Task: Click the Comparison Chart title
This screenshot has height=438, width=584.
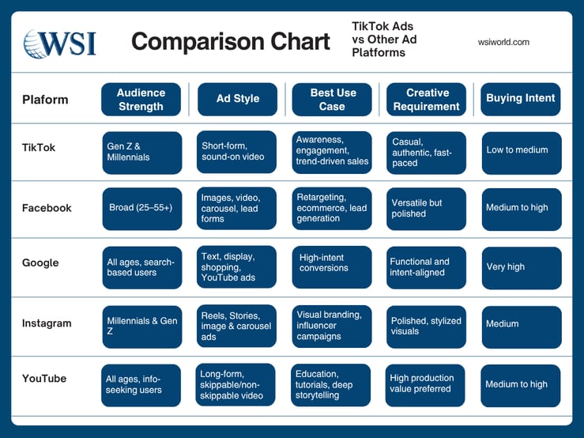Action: tap(231, 42)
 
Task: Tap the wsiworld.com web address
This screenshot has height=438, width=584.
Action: tap(503, 42)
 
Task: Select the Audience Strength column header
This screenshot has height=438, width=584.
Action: tap(141, 100)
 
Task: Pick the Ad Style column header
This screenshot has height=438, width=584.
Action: tap(236, 100)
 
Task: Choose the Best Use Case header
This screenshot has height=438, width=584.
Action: tap(332, 100)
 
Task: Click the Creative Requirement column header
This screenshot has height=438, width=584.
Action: tap(427, 100)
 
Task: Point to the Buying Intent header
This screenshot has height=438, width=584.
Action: tap(520, 99)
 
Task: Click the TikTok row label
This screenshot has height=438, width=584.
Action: tap(39, 147)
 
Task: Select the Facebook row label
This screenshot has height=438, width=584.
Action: tap(47, 208)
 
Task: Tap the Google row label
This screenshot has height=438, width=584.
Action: tap(40, 262)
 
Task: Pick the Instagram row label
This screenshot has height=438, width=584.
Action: tap(47, 323)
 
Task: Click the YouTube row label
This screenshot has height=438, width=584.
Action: tap(44, 378)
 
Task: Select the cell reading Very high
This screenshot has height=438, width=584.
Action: tap(521, 267)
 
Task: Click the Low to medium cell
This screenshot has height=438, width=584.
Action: tap(521, 151)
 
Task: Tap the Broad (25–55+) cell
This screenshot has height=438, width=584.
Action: tap(141, 209)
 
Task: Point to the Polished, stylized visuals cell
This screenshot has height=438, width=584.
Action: tap(426, 326)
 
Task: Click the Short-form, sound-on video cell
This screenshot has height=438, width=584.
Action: tap(236, 151)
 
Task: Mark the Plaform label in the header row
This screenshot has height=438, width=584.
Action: tap(45, 100)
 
